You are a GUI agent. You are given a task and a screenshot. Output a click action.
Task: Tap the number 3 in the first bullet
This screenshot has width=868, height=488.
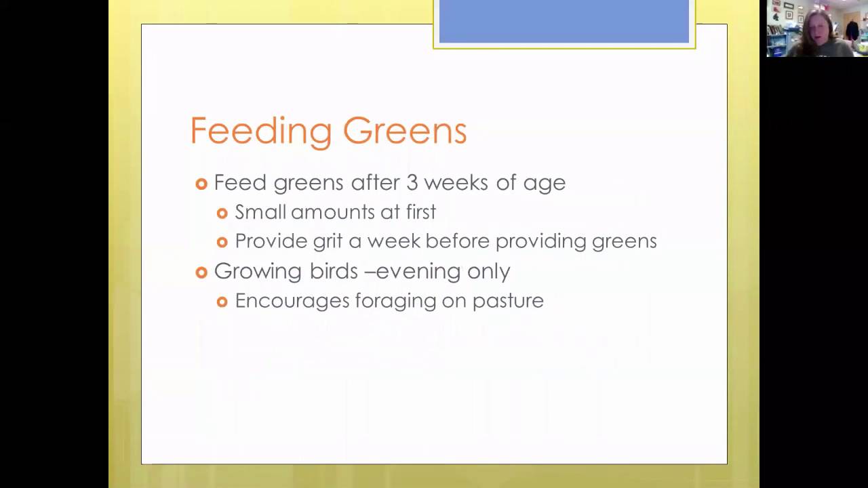[412, 182]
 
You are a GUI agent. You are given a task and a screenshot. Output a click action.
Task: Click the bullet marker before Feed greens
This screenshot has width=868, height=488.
[201, 184]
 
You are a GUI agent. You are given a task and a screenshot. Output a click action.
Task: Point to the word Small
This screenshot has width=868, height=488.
[260, 212]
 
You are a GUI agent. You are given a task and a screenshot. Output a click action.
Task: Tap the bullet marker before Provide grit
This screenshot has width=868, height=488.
[222, 242]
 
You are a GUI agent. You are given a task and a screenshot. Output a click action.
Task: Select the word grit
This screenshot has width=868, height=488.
[328, 241]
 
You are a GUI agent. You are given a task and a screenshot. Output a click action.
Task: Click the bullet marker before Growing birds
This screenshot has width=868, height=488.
[201, 272]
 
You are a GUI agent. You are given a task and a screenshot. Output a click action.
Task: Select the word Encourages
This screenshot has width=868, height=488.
[292, 301]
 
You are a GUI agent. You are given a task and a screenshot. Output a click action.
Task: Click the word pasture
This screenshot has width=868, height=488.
[508, 301]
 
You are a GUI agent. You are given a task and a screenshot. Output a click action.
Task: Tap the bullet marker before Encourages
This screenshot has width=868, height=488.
[222, 302]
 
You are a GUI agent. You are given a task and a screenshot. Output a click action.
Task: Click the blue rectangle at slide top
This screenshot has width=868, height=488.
[564, 22]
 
